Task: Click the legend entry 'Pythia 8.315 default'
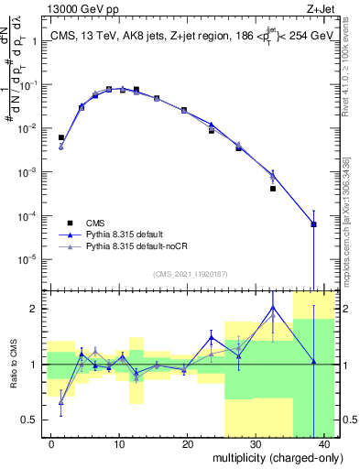[x=118, y=234]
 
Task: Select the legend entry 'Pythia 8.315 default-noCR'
[x=127, y=247]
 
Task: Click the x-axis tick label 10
[x=119, y=443]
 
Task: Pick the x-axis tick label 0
[x=51, y=443]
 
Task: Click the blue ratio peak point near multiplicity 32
[x=273, y=307]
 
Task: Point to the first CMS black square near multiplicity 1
[x=61, y=137]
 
